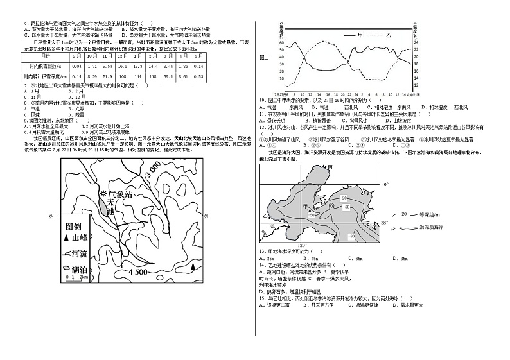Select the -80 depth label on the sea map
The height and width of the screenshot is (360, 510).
coord(352,236)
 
